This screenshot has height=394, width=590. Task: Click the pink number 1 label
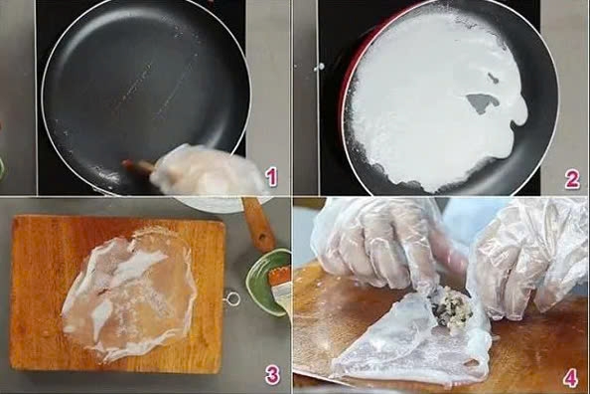tap(271, 179)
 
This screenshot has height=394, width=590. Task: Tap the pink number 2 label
tap(571, 179)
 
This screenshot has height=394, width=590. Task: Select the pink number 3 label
tap(272, 375)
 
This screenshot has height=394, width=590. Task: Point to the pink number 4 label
tap(569, 377)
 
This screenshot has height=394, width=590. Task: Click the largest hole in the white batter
tap(484, 102)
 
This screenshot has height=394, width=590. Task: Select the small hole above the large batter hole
tap(493, 77)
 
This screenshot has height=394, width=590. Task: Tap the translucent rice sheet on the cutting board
tap(129, 294)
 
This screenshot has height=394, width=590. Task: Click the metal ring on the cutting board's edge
tap(232, 297)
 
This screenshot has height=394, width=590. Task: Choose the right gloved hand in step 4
tap(526, 259)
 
